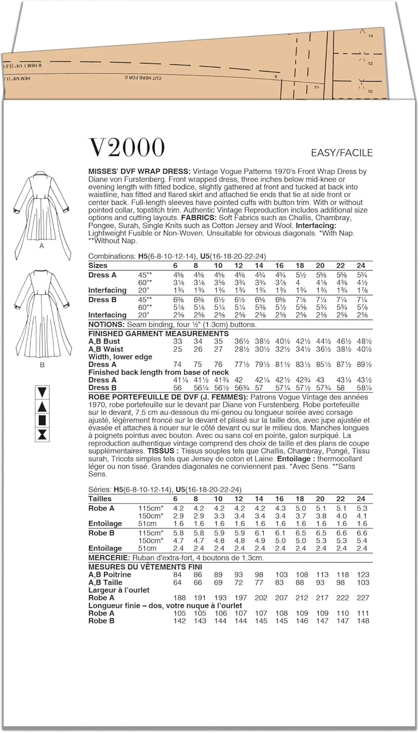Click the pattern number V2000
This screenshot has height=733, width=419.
tap(127, 148)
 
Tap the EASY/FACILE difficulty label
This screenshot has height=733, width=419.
tap(342, 153)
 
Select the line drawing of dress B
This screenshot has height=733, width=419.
tap(42, 313)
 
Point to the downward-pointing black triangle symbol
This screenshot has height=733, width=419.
tap(42, 392)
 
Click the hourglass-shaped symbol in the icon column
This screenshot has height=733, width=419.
tap(42, 434)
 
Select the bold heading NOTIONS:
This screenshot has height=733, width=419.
tap(106, 324)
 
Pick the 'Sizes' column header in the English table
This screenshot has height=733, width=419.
tap(98, 265)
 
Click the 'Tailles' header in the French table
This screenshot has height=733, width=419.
tap(100, 498)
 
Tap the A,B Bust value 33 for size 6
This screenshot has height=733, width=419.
tap(177, 342)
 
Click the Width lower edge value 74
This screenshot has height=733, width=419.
tap(177, 365)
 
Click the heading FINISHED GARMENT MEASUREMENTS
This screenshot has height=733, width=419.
tap(158, 333)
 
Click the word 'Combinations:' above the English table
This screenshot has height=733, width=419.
tap(112, 256)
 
